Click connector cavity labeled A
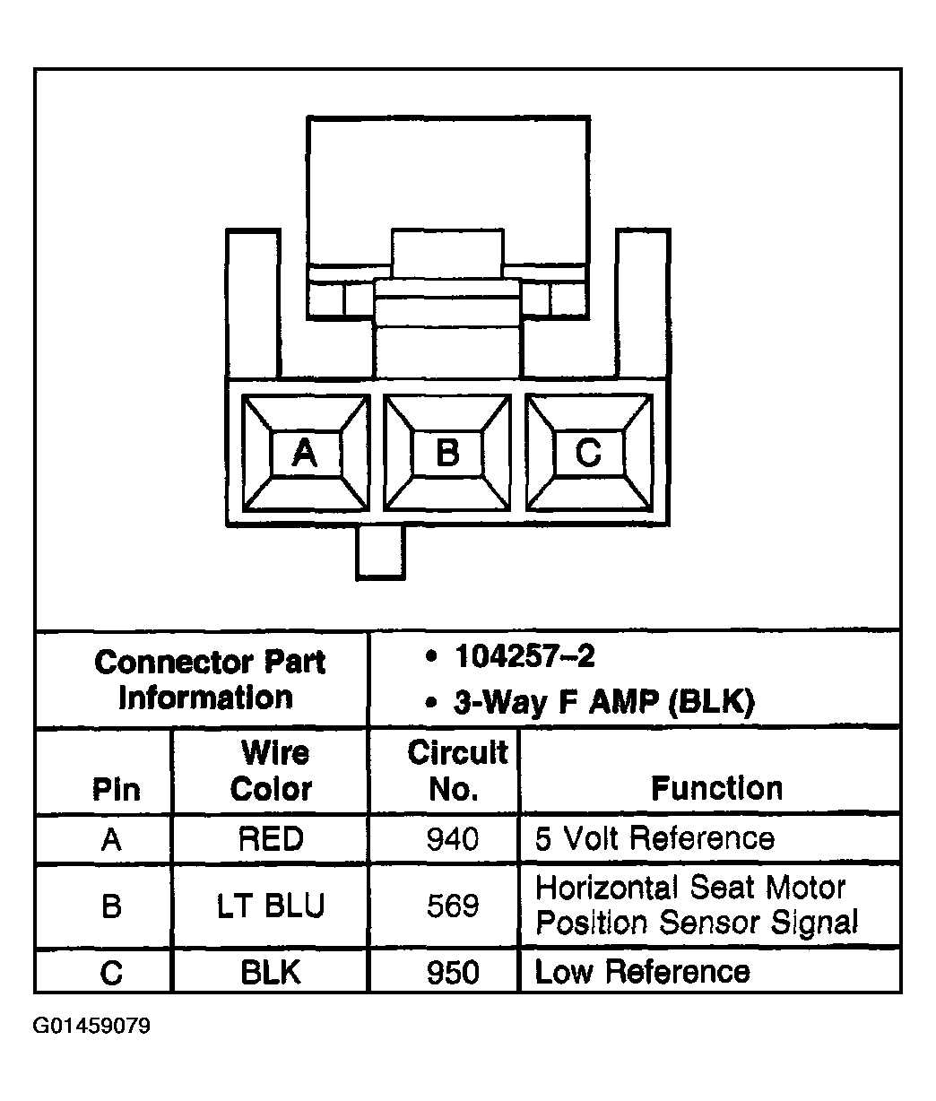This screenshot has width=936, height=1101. (305, 454)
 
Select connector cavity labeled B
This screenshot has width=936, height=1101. (446, 454)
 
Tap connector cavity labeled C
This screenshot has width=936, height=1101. (588, 454)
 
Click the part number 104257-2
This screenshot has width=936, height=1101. (524, 657)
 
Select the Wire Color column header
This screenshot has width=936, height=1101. (271, 771)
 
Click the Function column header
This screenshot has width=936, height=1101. (716, 788)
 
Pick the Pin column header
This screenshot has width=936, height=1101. (117, 789)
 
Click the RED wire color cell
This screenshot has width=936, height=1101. (271, 839)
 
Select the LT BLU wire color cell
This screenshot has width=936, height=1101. (271, 906)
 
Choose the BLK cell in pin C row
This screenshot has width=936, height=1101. (271, 972)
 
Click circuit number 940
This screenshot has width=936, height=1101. (453, 839)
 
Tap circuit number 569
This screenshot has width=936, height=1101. (453, 906)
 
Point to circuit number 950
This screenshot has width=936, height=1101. (453, 972)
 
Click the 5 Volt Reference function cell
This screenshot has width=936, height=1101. (654, 839)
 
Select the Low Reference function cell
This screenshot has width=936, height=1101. (642, 972)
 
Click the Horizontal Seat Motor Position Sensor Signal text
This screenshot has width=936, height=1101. (696, 906)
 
